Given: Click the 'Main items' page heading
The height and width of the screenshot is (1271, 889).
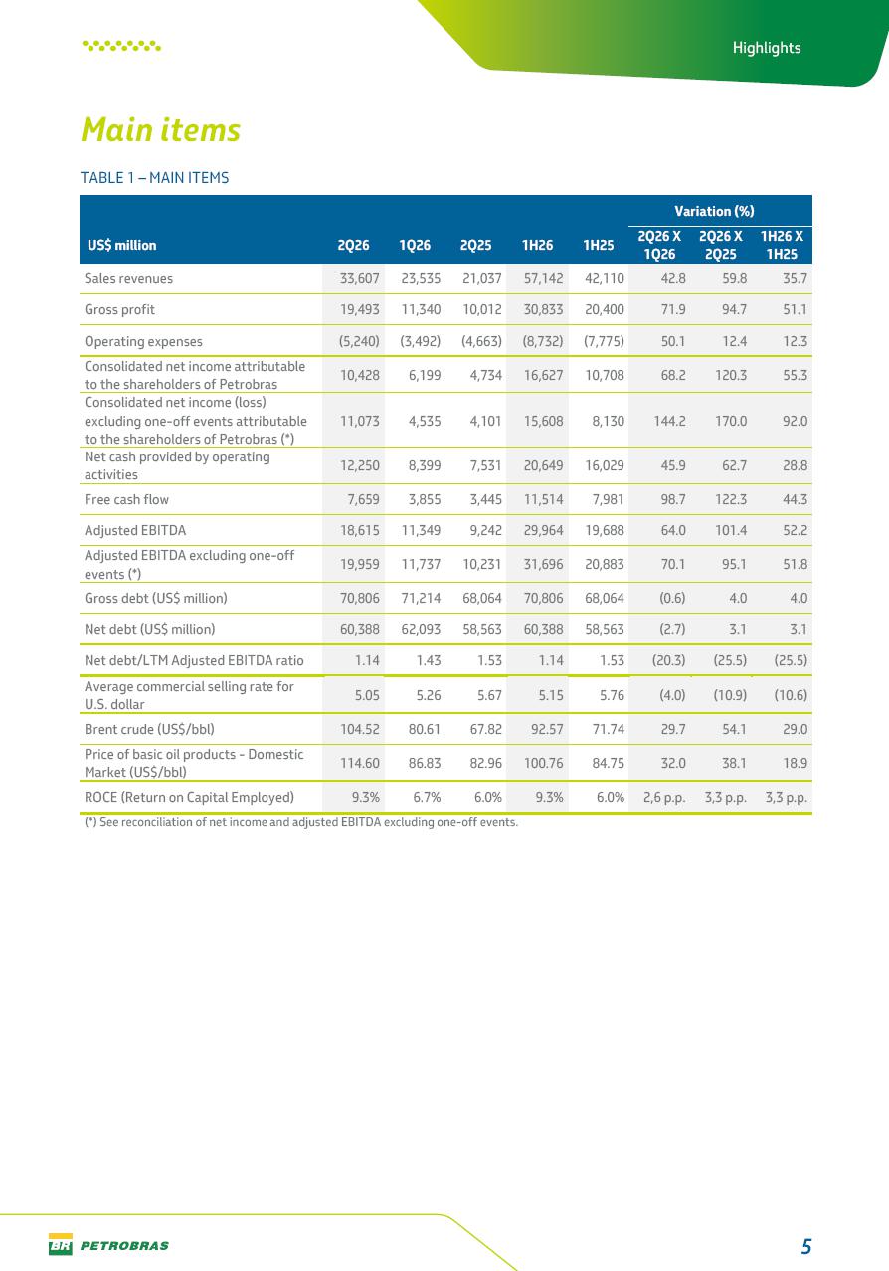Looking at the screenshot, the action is pos(160,129).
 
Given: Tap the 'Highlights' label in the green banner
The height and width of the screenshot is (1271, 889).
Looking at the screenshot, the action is pos(767,47).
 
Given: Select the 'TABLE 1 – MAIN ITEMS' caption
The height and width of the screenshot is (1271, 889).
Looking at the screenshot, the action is pos(154,178).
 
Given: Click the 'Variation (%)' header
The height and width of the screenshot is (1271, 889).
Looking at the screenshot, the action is pos(714,211).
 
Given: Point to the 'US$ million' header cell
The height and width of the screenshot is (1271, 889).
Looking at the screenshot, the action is pos(122,245).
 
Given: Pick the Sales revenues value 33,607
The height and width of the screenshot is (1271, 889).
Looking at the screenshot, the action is pos(360,278).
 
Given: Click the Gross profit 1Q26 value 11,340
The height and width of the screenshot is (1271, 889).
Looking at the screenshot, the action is pos(421,309).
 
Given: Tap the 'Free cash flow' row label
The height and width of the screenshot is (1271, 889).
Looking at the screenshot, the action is pos(126,499).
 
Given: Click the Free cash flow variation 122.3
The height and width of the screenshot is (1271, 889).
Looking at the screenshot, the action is pos(730,499).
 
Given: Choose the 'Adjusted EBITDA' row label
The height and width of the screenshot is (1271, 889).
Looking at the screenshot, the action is pos(135,530).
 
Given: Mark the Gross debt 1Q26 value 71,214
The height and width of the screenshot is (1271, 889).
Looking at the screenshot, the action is pos(421,598).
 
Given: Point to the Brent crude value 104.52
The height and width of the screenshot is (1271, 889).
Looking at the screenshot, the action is pos(360,729).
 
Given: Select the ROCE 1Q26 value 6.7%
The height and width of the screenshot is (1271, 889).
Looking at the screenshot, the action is pos(427,797).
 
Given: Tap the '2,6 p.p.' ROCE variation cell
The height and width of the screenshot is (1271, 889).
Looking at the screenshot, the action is pos(664,798).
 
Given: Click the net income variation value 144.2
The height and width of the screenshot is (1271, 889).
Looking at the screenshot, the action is pos(669,421).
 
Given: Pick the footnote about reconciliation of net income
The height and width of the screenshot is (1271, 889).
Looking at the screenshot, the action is pos(301,822).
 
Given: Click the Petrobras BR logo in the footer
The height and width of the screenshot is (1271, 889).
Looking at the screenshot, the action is pos(61,1244).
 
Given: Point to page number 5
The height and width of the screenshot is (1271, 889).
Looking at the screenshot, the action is pos(806,1246).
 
